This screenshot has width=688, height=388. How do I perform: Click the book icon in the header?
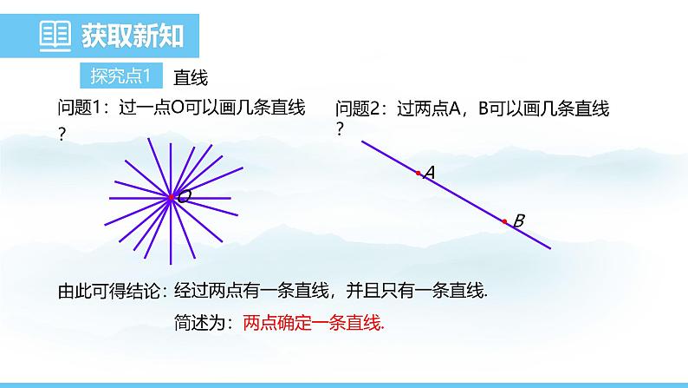57,36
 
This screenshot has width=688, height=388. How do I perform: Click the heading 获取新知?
132,36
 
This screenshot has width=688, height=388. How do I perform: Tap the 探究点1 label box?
120,76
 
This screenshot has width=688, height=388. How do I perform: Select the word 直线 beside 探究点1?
191,77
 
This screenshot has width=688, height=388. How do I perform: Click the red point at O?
172,198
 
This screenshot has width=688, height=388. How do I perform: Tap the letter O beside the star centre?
184,198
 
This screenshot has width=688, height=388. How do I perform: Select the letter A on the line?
429,174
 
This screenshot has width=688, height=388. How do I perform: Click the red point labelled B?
504,221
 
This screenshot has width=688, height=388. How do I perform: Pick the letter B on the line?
518,221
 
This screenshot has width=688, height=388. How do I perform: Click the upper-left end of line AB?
363,141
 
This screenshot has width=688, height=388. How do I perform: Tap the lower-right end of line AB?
548,247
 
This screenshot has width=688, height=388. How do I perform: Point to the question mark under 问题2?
340,128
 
